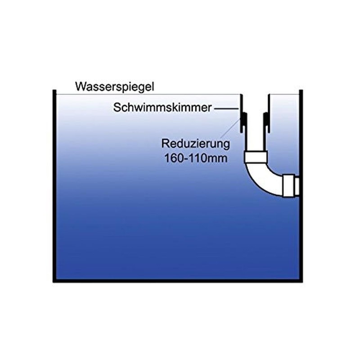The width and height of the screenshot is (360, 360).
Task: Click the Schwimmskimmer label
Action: tap(163, 108)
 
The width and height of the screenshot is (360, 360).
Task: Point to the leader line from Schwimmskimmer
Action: tap(227, 108)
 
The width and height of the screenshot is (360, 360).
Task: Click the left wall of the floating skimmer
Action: tap(242, 112)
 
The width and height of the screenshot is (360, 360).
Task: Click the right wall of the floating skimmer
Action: tap(268, 112)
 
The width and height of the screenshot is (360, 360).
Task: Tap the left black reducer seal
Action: tap(245, 121)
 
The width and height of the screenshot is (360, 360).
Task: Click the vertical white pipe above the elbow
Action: tap(255, 135)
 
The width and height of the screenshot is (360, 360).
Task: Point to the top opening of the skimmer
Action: tap(255, 95)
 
